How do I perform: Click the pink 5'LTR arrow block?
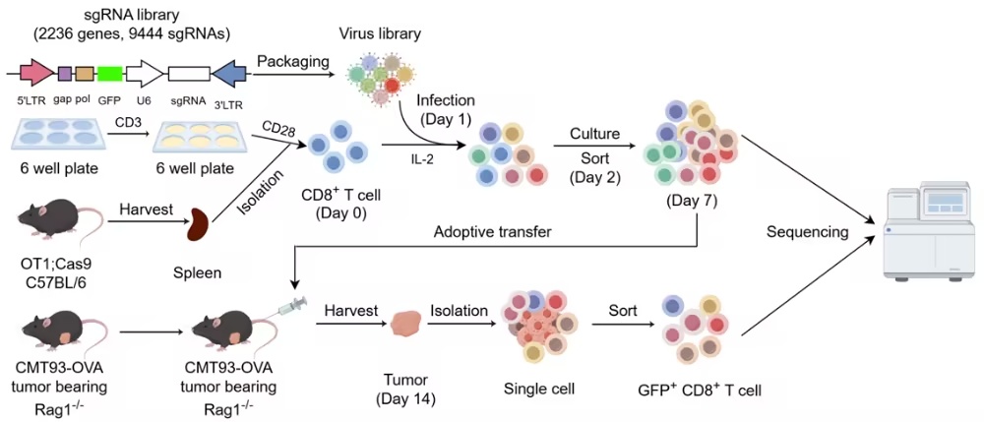coord(37,74)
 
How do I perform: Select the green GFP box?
coord(109,74)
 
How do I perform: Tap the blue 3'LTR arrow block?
coord(229,74)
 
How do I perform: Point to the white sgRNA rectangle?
coord(189,74)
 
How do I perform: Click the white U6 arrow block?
coord(145,74)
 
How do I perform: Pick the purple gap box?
coord(65,74)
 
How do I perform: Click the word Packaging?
coord(292,61)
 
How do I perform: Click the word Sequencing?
coord(807,233)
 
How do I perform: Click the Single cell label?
coord(539,389)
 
